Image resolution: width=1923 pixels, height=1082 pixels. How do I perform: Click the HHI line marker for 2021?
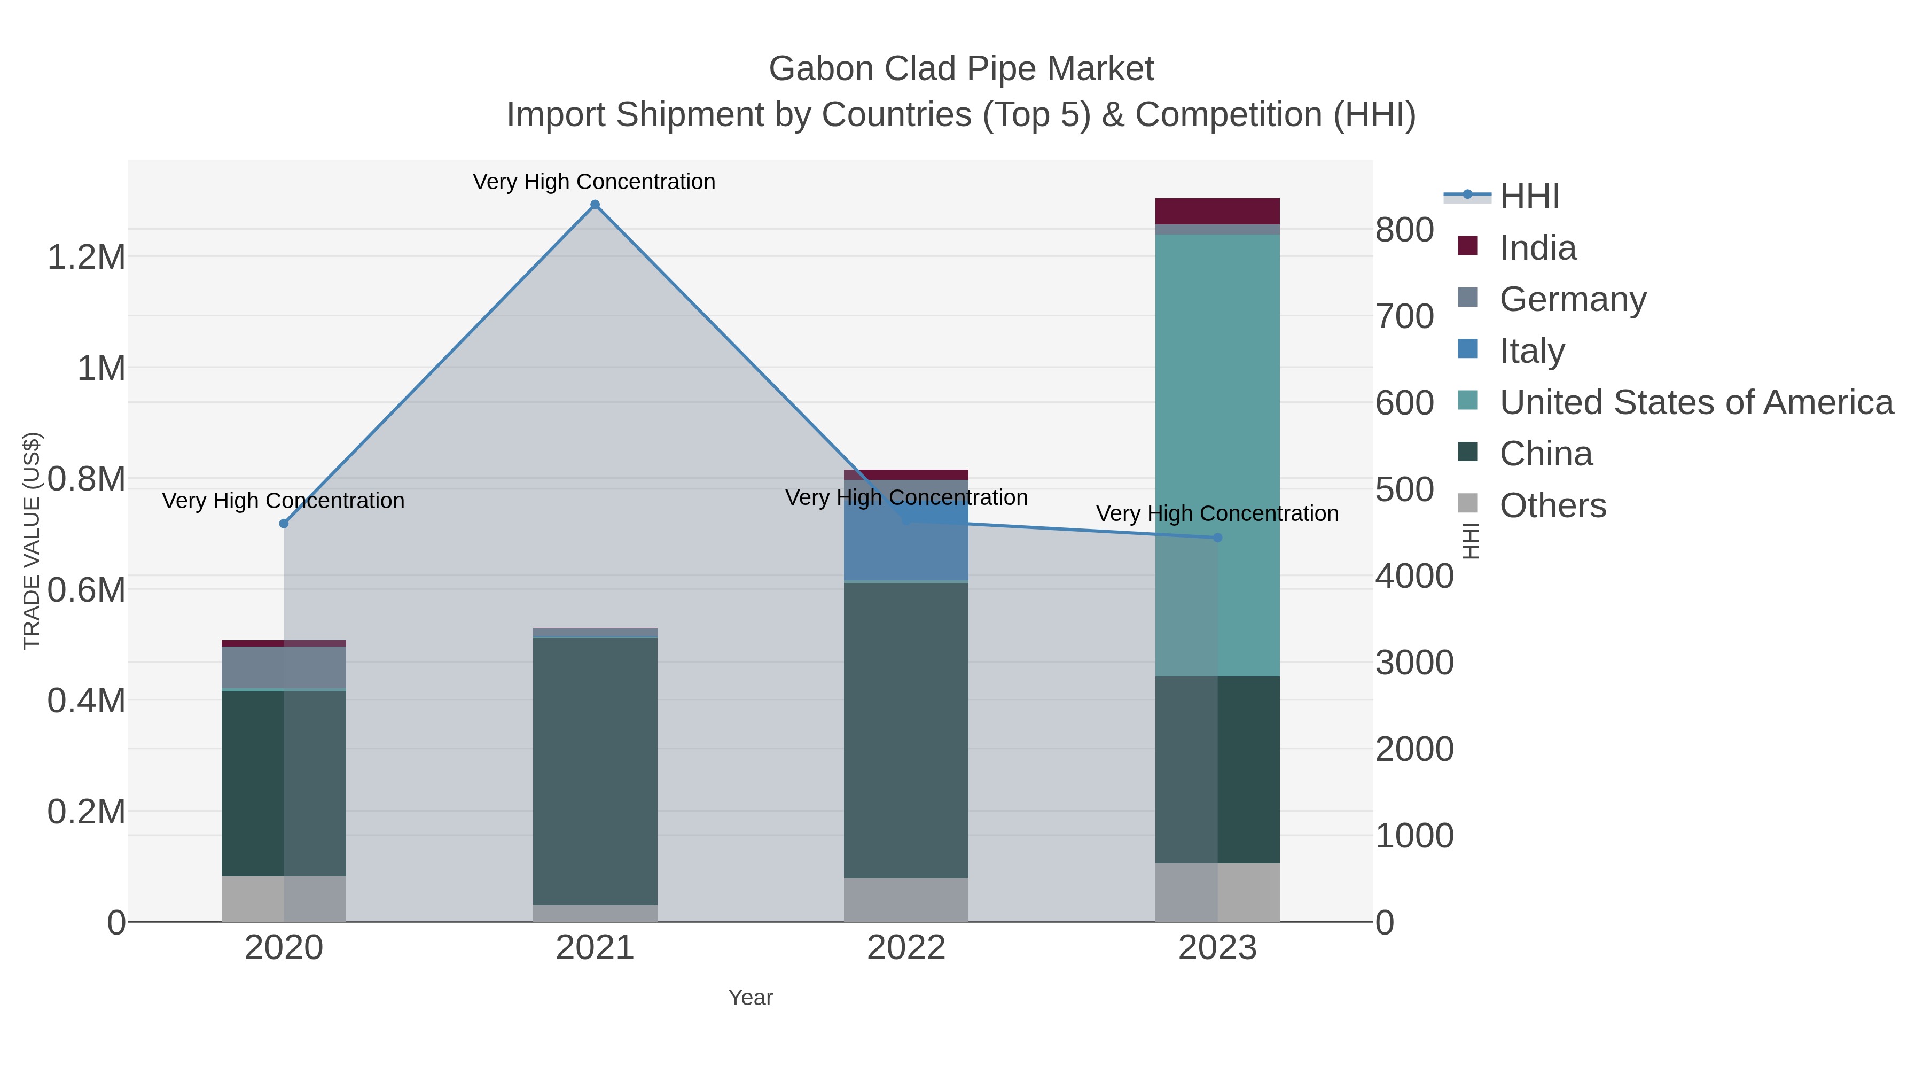click(x=595, y=205)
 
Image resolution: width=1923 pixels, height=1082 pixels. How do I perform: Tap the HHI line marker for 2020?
click(x=284, y=524)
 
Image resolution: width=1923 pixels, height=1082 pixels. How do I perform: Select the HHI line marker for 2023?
click(x=1217, y=538)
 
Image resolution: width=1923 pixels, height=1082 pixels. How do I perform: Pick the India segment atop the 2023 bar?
click(x=1217, y=211)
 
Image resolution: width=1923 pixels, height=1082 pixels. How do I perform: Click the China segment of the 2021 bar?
click(x=595, y=769)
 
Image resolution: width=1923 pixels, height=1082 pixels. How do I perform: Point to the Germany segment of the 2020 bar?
click(x=284, y=667)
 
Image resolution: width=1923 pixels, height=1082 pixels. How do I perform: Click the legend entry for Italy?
click(x=1532, y=351)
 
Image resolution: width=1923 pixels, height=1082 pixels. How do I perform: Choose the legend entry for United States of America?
click(x=1696, y=402)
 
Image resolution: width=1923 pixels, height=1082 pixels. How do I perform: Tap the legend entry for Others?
click(x=1553, y=505)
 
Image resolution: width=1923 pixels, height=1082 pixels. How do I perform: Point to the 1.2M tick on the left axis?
click(x=87, y=258)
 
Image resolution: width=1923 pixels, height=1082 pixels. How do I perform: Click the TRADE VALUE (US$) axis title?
click(x=32, y=541)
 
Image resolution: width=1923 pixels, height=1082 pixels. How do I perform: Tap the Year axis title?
click(x=751, y=998)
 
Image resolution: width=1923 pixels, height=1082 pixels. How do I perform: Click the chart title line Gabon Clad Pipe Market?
click(x=961, y=69)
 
